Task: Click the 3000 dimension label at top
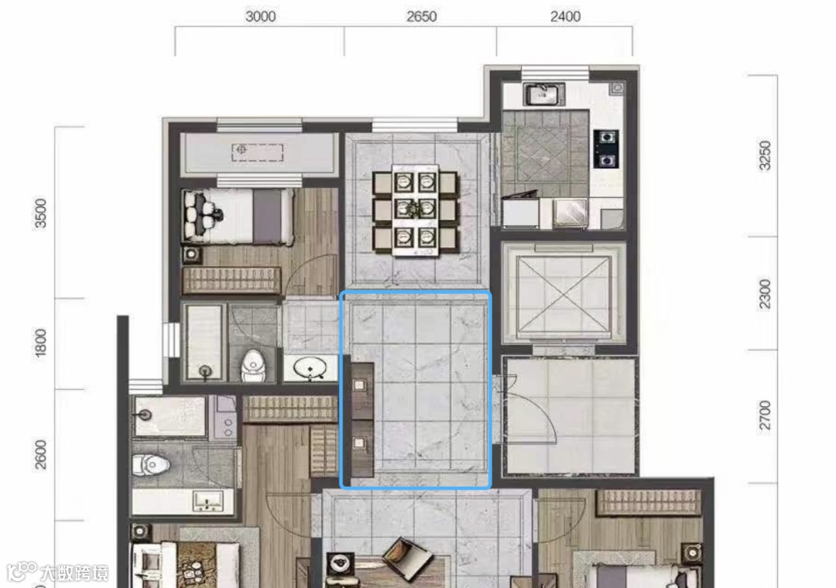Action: (x=261, y=16)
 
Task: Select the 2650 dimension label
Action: (x=422, y=16)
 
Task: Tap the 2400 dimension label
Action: (x=565, y=16)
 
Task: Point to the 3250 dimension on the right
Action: (x=765, y=156)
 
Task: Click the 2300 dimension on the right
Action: (x=765, y=294)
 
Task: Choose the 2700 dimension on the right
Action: (x=765, y=415)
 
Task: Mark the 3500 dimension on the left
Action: (x=40, y=214)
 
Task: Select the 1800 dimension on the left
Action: (x=40, y=344)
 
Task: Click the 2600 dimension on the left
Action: (x=40, y=455)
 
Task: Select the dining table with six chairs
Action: (x=416, y=210)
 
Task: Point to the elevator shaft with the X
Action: (x=564, y=294)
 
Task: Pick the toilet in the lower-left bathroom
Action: (x=150, y=465)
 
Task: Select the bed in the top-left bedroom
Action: (x=238, y=217)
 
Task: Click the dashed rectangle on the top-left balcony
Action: (x=258, y=152)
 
